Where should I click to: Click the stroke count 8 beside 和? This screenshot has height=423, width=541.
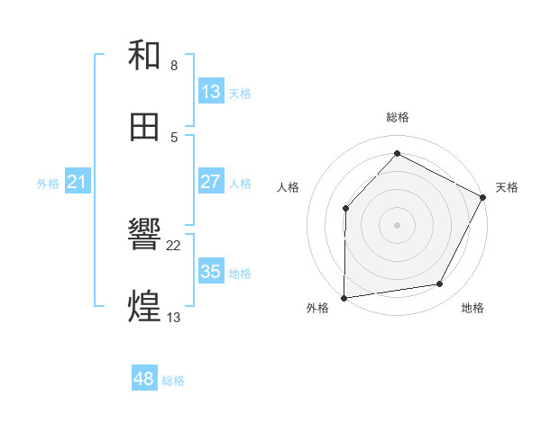[174, 66]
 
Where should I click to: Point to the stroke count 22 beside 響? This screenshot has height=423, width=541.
[174, 245]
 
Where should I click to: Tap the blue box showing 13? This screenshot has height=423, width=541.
[211, 92]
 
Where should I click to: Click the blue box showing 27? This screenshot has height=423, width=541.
[211, 182]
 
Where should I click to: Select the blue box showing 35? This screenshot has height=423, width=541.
[211, 271]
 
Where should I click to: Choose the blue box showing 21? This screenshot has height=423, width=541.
[78, 182]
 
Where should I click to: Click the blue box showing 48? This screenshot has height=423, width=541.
[144, 380]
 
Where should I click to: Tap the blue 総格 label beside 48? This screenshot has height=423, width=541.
[173, 381]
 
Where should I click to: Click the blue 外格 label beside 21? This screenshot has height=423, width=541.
[48, 183]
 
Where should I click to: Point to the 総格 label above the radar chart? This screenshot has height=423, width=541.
[398, 117]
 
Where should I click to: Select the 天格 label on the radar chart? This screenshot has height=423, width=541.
[507, 187]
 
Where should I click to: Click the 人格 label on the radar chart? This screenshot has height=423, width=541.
[289, 187]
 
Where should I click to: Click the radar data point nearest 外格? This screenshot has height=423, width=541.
[344, 297]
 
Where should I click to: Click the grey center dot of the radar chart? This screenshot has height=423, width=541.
[398, 224]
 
